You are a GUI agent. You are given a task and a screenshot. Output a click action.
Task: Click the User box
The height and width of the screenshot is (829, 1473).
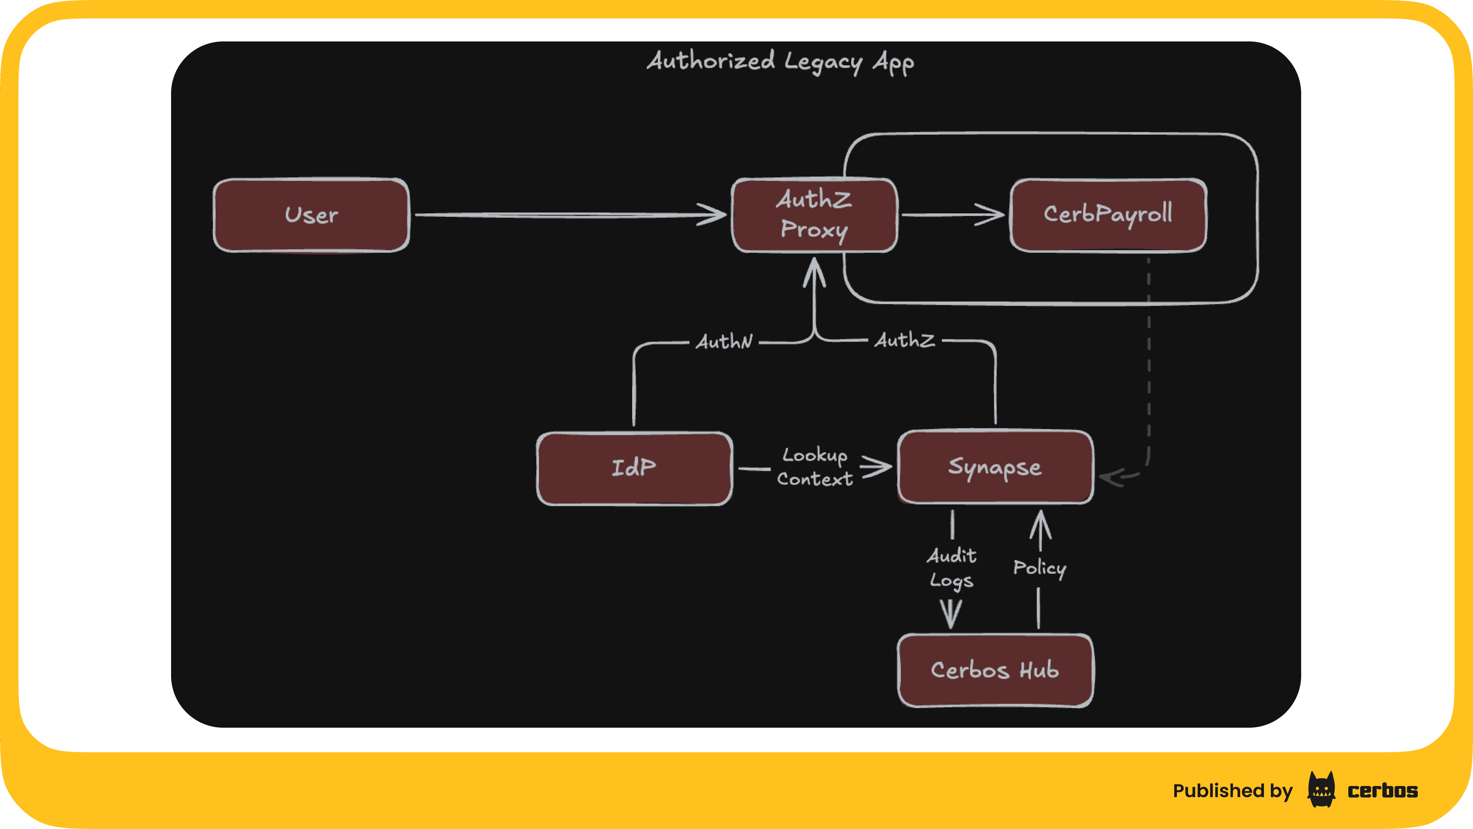pyautogui.click(x=311, y=215)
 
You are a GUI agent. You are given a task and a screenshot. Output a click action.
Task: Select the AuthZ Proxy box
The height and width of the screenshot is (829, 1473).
pyautogui.click(x=814, y=215)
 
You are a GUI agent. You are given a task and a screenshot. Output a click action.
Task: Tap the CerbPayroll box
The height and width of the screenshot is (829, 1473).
pyautogui.click(x=1108, y=215)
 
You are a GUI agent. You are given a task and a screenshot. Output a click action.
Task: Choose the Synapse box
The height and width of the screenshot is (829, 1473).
pyautogui.click(x=995, y=467)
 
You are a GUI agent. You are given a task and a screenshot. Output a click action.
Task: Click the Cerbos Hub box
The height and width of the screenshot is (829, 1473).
pyautogui.click(x=995, y=670)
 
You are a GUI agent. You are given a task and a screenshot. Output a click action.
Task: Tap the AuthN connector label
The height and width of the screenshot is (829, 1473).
pyautogui.click(x=724, y=342)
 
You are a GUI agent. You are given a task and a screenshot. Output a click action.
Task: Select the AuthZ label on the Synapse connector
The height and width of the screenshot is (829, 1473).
pyautogui.click(x=905, y=340)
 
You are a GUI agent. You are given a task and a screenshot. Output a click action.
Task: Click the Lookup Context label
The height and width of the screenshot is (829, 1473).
pyautogui.click(x=814, y=467)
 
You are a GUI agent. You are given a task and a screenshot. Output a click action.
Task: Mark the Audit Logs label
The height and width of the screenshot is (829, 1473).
pyautogui.click(x=951, y=568)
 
